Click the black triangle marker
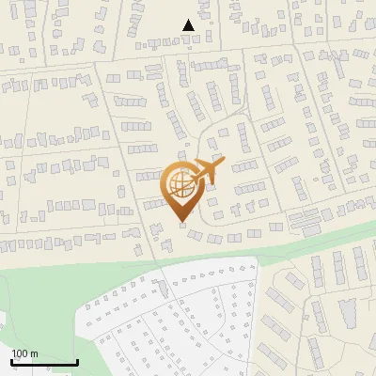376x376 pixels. [x=189, y=25]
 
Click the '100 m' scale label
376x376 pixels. [x=24, y=353]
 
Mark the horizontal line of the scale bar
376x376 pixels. [x=44, y=362]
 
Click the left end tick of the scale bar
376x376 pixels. [x=11, y=360]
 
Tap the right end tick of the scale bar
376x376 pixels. [x=77, y=360]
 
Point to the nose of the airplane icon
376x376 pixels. [x=223, y=161]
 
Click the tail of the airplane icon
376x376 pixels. [x=191, y=179]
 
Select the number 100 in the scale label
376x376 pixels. [x=20, y=353]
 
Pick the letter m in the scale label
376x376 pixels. [x=34, y=354]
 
